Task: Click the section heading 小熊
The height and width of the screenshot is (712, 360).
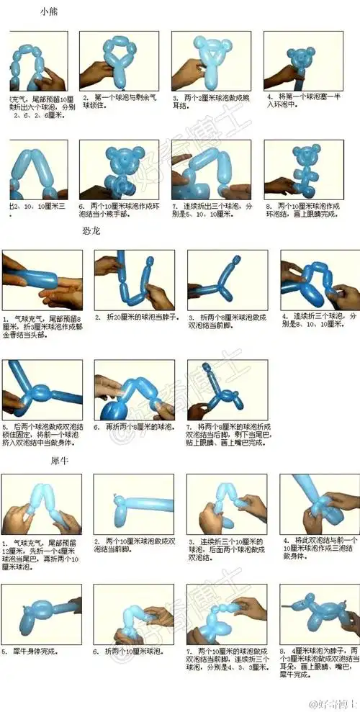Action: [x=50, y=14]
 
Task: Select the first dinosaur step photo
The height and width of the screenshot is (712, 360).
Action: [x=42, y=280]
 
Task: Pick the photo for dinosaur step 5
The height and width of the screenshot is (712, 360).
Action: [x=42, y=390]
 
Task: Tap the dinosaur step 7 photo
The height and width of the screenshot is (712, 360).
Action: [x=227, y=390]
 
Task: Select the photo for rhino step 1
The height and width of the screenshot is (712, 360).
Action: [x=41, y=504]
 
